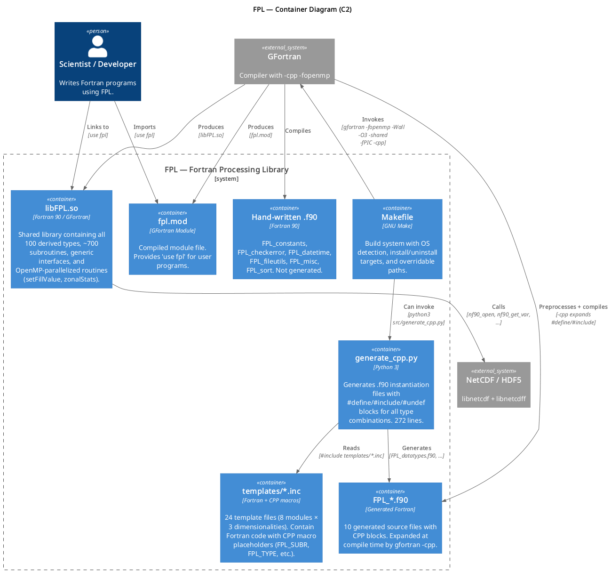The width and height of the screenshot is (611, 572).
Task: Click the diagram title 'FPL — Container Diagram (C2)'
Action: [x=302, y=9]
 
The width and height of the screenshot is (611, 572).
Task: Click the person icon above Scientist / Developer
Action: [x=97, y=46]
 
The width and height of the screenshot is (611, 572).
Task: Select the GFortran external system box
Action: [x=284, y=61]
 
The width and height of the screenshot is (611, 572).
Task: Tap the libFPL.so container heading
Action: [x=62, y=208]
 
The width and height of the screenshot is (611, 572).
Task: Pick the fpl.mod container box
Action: [x=172, y=239]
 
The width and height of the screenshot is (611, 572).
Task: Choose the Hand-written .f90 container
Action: [x=284, y=239]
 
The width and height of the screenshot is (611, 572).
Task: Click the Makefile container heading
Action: [x=397, y=217]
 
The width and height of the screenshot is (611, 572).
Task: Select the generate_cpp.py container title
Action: [x=386, y=358]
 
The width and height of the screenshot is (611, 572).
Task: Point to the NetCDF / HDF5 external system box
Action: [x=493, y=385]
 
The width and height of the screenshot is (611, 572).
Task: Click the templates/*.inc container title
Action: [x=271, y=491]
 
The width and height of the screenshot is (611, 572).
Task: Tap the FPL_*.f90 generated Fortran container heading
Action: [x=390, y=500]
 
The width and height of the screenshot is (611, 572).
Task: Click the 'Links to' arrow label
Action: [x=98, y=127]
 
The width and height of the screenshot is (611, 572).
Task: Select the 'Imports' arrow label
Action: [x=144, y=127]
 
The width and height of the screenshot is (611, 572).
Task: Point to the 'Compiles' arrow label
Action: [x=298, y=130]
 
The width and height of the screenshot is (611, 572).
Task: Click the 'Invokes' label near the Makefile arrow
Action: [x=373, y=119]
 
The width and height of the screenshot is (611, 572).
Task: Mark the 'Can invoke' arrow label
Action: [x=419, y=306]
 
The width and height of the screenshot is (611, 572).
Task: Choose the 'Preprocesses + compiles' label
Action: [x=573, y=306]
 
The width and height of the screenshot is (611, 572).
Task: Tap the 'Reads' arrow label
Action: [x=351, y=448]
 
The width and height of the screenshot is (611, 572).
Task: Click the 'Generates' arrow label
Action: [x=416, y=448]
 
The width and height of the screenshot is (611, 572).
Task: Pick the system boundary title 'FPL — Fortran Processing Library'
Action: [x=226, y=169]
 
